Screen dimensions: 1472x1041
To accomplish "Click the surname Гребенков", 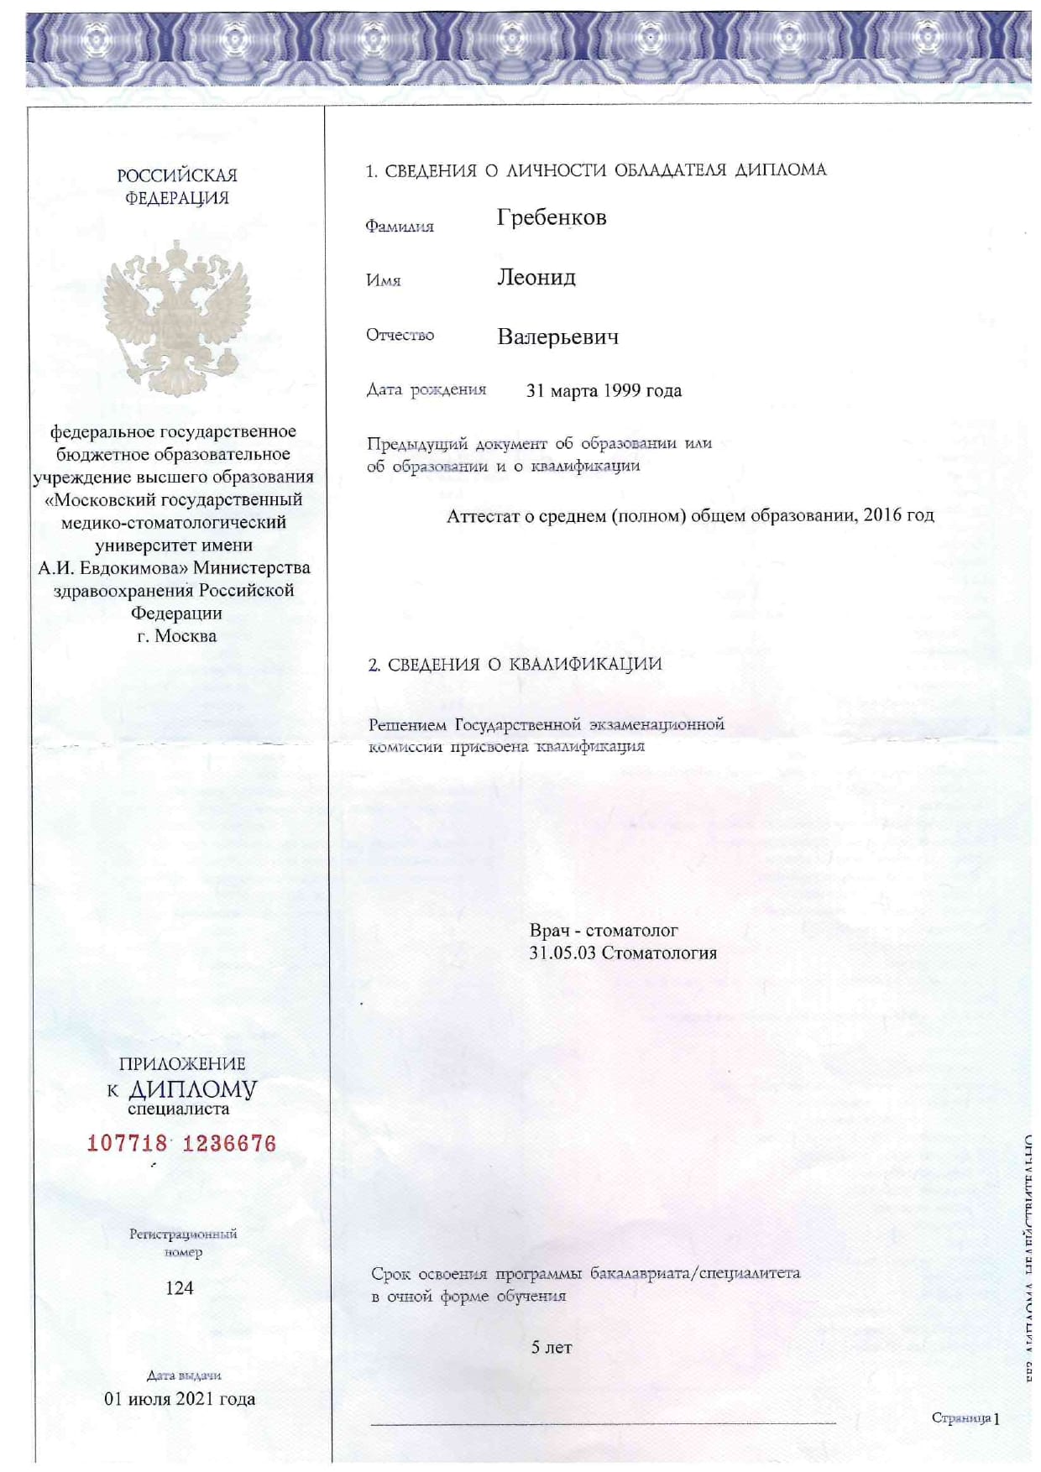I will pyautogui.click(x=551, y=218).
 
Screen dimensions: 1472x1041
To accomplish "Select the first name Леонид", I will pyautogui.click(x=536, y=278).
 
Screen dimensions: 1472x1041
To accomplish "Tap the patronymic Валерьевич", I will pyautogui.click(x=557, y=337).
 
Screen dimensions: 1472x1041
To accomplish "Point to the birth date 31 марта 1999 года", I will pyautogui.click(x=604, y=391).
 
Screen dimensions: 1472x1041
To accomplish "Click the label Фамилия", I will pyautogui.click(x=399, y=227).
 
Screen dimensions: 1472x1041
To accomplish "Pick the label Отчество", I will pyautogui.click(x=400, y=336).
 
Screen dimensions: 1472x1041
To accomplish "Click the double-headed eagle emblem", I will pyautogui.click(x=177, y=317).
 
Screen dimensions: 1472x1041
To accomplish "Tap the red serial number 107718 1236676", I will pyautogui.click(x=181, y=1143).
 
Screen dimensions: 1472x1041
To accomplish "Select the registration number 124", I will pyautogui.click(x=180, y=1288).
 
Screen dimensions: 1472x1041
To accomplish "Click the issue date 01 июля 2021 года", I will pyautogui.click(x=180, y=1399).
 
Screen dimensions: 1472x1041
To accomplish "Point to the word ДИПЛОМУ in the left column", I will pyautogui.click(x=192, y=1089).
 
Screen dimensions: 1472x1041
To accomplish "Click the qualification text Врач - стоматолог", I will pyautogui.click(x=604, y=931).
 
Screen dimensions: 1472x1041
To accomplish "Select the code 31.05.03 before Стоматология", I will pyautogui.click(x=562, y=953).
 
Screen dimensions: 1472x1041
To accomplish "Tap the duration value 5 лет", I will pyautogui.click(x=552, y=1348).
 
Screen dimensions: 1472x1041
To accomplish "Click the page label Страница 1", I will pyautogui.click(x=965, y=1418).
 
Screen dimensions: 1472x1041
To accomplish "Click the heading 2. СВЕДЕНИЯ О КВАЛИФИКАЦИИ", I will pyautogui.click(x=515, y=665).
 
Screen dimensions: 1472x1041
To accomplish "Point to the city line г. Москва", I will pyautogui.click(x=176, y=636).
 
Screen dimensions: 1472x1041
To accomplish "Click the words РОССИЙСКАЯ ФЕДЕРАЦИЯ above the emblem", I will pyautogui.click(x=177, y=186).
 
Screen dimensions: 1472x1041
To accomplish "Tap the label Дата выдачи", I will pyautogui.click(x=184, y=1375).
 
